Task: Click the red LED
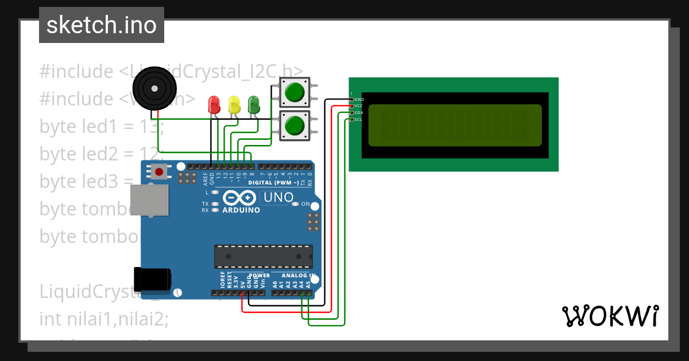(x=214, y=104)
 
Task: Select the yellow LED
(x=234, y=104)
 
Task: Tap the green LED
(x=253, y=104)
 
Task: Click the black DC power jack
(x=152, y=279)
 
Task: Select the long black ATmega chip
(x=264, y=256)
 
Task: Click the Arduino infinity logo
(x=239, y=198)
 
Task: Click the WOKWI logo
(x=610, y=316)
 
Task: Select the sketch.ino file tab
(x=102, y=25)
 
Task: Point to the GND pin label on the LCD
(x=359, y=100)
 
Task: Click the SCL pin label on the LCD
(x=358, y=119)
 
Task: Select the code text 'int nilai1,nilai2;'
(x=104, y=318)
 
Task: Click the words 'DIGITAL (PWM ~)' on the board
(x=273, y=182)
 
